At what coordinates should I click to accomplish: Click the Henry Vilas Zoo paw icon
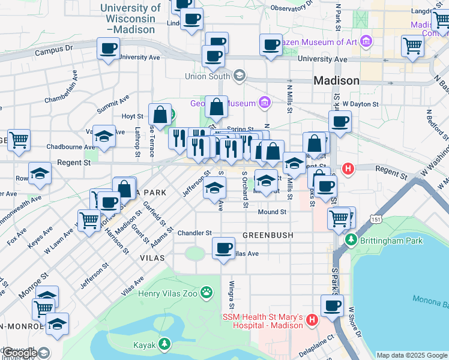coord(206,292)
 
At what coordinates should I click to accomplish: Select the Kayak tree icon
coord(163,345)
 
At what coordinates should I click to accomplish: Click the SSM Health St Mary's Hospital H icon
coord(311,320)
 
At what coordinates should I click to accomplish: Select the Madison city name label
coord(337,80)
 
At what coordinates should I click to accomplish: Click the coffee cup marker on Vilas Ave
coord(224,248)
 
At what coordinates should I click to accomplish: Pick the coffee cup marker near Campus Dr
coord(108,49)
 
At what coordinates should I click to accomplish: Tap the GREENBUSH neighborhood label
coord(268,235)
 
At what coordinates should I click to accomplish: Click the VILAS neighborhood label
coord(152,257)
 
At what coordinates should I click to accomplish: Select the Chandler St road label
coord(194,233)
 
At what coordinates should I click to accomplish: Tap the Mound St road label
coord(272,212)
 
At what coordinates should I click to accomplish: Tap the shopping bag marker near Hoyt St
coord(161,113)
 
